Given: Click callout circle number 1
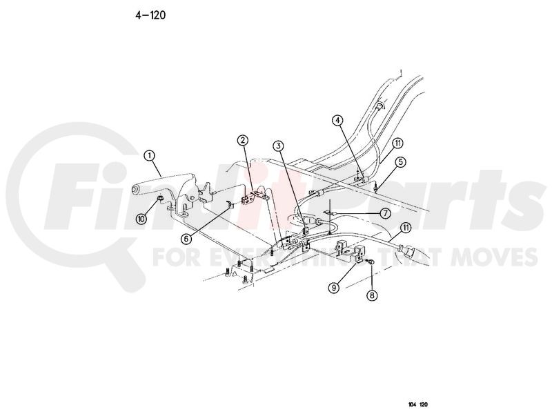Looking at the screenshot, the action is pos(150,155).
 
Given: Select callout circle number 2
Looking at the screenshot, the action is pos(243,141).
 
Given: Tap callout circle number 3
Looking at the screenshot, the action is pos(279,146).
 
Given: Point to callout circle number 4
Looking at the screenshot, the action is pos(337,120).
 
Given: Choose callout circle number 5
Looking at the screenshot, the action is pos(400,162).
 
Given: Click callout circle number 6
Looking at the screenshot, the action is pos(186,239).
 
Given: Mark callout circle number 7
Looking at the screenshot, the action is pos(385,213).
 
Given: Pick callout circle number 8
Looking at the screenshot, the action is pos(372,295).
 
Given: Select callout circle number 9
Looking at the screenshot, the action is pos(334,288).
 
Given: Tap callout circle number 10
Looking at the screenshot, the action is pos(141,219).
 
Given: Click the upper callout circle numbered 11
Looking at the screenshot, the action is pos(398,144).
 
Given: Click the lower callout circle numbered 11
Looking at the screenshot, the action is pos(406,228).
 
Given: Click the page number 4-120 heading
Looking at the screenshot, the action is pos(150,15).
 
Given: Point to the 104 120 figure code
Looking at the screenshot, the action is pos(418,404).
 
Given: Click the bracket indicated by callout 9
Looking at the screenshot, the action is pos(350,250).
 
